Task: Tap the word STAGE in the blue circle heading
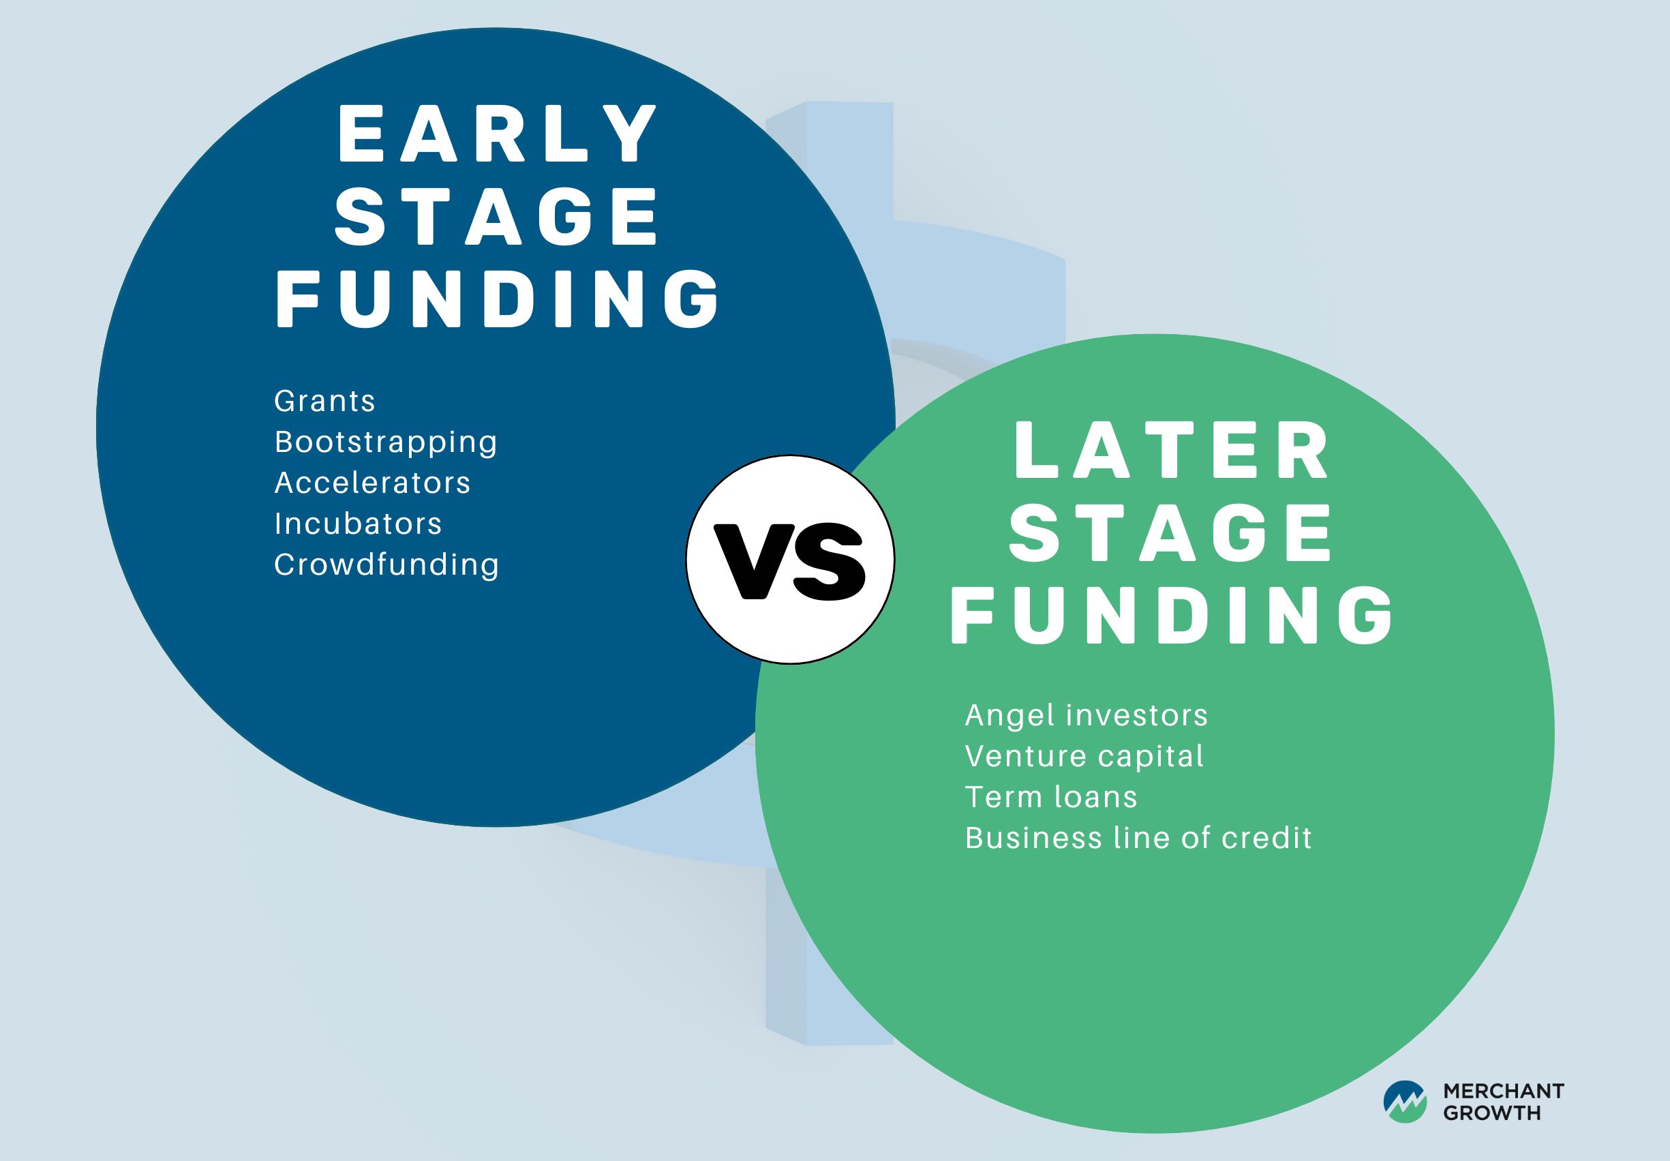pyautogui.click(x=497, y=215)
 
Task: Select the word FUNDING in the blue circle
pyautogui.click(x=498, y=298)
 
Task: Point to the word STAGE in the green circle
pyautogui.click(x=1171, y=532)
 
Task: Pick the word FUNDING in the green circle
pyautogui.click(x=1172, y=616)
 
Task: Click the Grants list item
pyautogui.click(x=324, y=401)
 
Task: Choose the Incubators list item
pyautogui.click(x=358, y=524)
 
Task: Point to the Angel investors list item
pyautogui.click(x=1086, y=716)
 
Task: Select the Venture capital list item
pyautogui.click(x=1084, y=757)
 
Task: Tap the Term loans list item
pyautogui.click(x=1051, y=796)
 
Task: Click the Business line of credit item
pyautogui.click(x=1138, y=838)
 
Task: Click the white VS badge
pyautogui.click(x=790, y=560)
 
